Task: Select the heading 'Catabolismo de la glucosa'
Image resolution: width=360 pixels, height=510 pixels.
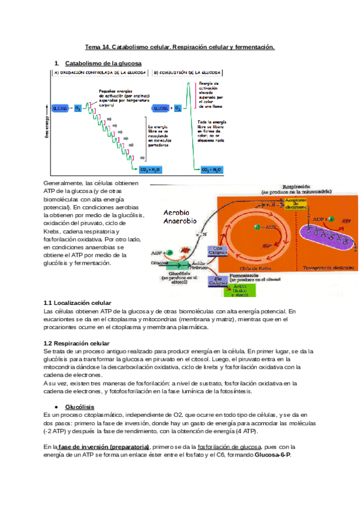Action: [103, 63]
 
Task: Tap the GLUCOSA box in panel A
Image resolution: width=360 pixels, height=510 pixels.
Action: [61, 108]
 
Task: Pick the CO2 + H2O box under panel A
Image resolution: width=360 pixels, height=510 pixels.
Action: [151, 170]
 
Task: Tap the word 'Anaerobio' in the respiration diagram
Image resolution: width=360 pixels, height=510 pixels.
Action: [181, 221]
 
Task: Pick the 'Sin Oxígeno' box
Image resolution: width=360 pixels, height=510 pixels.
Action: [218, 278]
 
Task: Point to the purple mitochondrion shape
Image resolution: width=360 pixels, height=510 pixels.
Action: [325, 241]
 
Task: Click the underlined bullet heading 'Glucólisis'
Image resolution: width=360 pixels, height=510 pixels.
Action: [79, 407]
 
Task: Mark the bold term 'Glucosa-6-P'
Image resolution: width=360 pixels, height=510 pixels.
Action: [271, 455]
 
